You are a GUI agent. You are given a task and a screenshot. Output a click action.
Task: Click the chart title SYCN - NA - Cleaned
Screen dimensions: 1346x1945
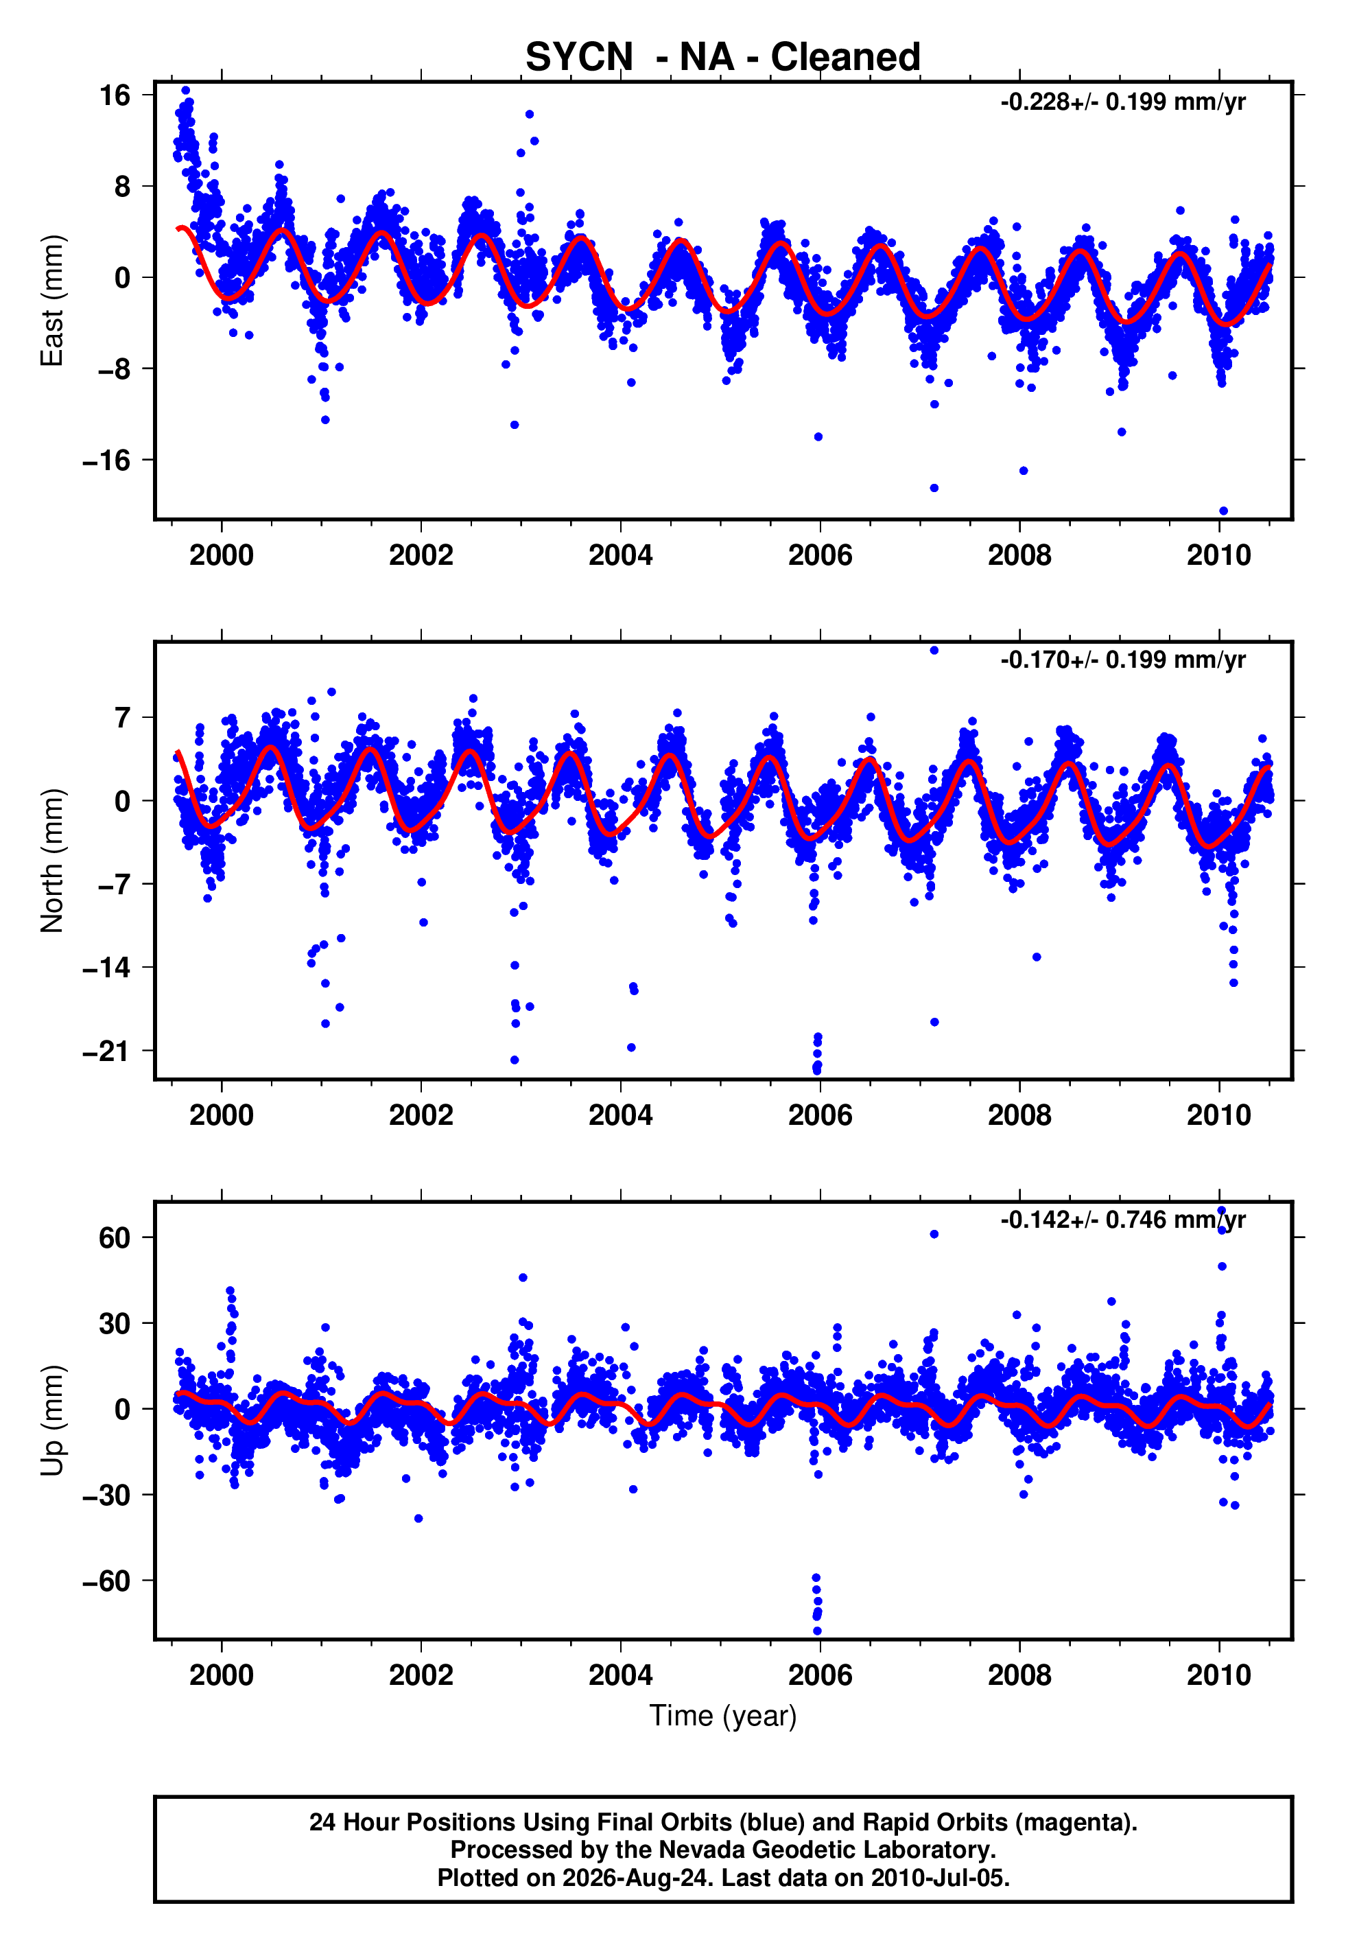(723, 58)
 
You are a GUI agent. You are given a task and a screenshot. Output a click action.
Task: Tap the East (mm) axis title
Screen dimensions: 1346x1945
(52, 301)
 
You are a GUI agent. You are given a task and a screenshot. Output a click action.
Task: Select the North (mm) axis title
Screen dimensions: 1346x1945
(52, 861)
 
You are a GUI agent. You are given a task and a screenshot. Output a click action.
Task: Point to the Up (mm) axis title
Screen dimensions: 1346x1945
(52, 1421)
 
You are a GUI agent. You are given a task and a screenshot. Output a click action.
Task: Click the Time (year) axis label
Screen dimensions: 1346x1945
(723, 1716)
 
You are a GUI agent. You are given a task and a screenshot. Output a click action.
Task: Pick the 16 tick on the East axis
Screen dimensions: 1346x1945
(115, 95)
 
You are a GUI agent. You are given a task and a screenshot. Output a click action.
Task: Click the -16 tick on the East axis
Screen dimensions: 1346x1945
(106, 461)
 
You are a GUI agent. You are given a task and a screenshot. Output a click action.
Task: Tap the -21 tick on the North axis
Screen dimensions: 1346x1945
(106, 1051)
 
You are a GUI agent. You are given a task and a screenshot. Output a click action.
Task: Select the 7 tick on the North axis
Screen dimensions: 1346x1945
(123, 718)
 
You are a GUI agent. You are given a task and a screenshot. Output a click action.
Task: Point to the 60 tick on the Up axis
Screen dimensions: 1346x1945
(115, 1237)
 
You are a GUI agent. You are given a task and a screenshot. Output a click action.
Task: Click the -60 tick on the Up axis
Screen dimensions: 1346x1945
(106, 1581)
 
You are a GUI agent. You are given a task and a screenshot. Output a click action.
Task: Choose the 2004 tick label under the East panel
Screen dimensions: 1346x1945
(621, 555)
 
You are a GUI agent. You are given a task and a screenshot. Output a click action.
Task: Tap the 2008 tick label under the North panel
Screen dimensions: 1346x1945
(1019, 1115)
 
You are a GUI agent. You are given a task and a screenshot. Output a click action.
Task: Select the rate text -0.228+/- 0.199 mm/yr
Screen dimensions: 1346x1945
(1122, 103)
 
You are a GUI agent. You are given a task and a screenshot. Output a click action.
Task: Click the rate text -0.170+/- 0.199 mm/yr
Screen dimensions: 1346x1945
(1122, 660)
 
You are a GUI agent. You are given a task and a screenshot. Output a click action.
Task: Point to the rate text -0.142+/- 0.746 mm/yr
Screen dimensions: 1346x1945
(1122, 1220)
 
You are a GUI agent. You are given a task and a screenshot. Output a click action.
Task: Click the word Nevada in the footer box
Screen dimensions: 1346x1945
(696, 1850)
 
